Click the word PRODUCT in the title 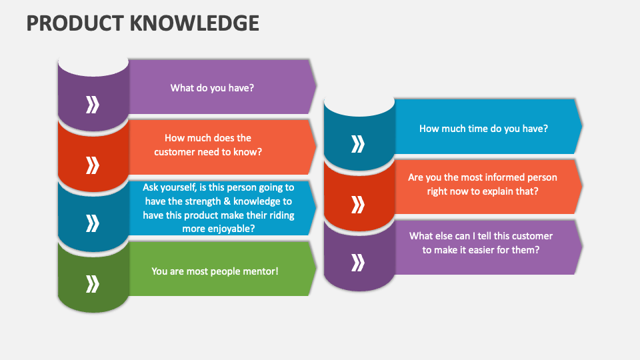tap(75, 23)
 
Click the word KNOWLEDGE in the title tap(195, 23)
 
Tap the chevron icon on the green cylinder tap(93, 284)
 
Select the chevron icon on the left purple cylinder tap(93, 105)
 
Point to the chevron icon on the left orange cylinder tap(93, 165)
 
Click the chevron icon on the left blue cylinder tap(93, 223)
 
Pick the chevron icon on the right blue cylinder tap(358, 144)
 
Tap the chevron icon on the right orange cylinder tap(358, 205)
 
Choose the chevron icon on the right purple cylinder tap(358, 263)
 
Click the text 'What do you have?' tap(212, 88)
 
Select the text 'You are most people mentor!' tap(215, 271)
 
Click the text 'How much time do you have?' tap(484, 129)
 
